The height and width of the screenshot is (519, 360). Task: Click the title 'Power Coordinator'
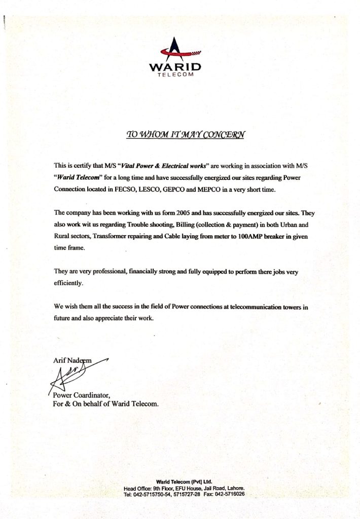(81, 395)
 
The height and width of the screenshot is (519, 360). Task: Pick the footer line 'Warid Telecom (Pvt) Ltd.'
(185, 481)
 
